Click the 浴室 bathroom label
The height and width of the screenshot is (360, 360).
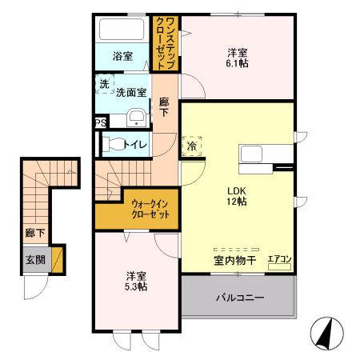tap(122, 56)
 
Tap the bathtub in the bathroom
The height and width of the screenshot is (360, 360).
tap(122, 29)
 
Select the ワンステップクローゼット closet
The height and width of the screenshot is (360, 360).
tap(166, 43)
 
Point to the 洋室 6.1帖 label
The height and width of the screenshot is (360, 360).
tap(237, 58)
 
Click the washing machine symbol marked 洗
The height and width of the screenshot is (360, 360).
tap(105, 84)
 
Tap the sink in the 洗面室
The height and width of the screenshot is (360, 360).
tap(136, 118)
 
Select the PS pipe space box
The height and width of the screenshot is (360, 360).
tap(101, 123)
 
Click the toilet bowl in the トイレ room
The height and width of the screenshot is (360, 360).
tap(114, 144)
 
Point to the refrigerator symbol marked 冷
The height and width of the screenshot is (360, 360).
tap(192, 146)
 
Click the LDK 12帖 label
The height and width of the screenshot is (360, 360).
tap(237, 196)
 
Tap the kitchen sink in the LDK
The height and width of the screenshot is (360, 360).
tap(250, 154)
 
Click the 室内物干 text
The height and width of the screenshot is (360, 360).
tap(235, 261)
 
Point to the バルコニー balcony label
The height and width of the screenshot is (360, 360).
tap(240, 298)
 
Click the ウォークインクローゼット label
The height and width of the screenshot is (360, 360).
tap(150, 210)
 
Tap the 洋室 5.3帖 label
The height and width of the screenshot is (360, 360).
tap(136, 281)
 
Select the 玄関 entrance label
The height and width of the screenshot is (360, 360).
tap(35, 260)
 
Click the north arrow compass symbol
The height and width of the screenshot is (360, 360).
tap(327, 334)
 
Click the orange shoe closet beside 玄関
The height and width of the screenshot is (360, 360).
tap(57, 260)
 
